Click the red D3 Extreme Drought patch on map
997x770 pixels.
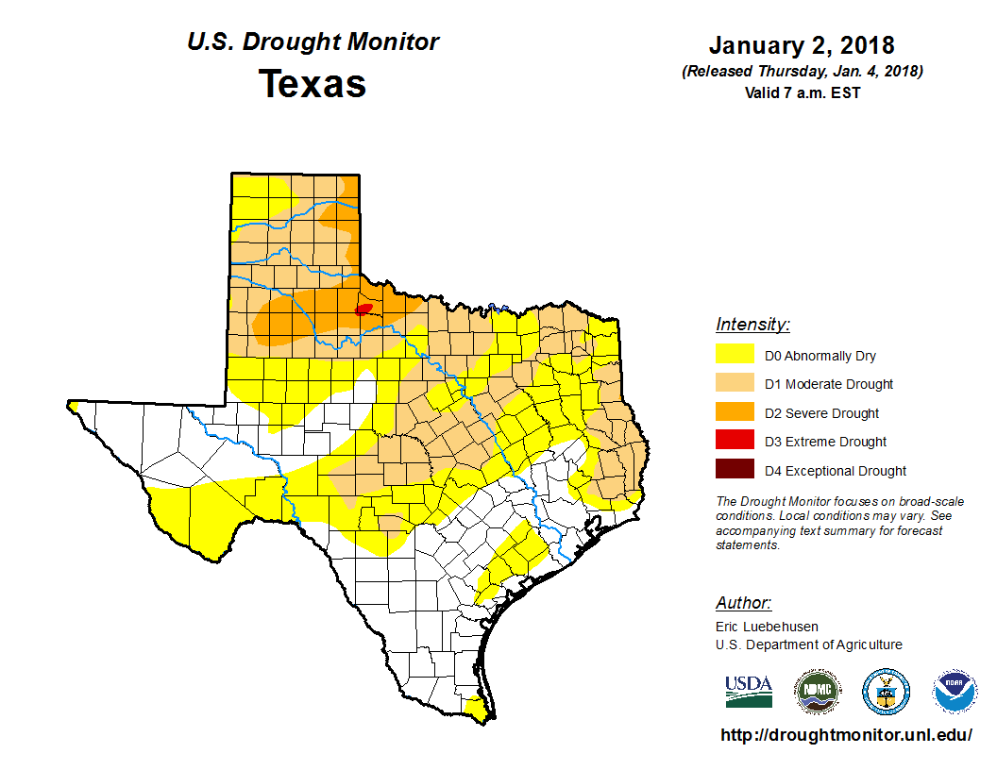pyautogui.click(x=363, y=310)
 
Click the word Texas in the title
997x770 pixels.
pyautogui.click(x=313, y=84)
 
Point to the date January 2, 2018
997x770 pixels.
pyautogui.click(x=802, y=45)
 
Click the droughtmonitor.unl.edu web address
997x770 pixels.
pyautogui.click(x=846, y=735)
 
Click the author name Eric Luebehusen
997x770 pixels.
pyautogui.click(x=767, y=626)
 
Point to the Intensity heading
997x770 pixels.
pyautogui.click(x=752, y=325)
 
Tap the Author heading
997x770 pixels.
pyautogui.click(x=743, y=603)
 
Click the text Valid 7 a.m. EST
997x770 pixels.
pyautogui.click(x=802, y=92)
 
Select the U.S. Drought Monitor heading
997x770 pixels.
pyautogui.click(x=313, y=42)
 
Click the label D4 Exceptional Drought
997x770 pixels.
pyautogui.click(x=836, y=471)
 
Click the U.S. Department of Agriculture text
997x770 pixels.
pyautogui.click(x=808, y=644)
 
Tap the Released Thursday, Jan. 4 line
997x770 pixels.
pyautogui.click(x=802, y=72)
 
